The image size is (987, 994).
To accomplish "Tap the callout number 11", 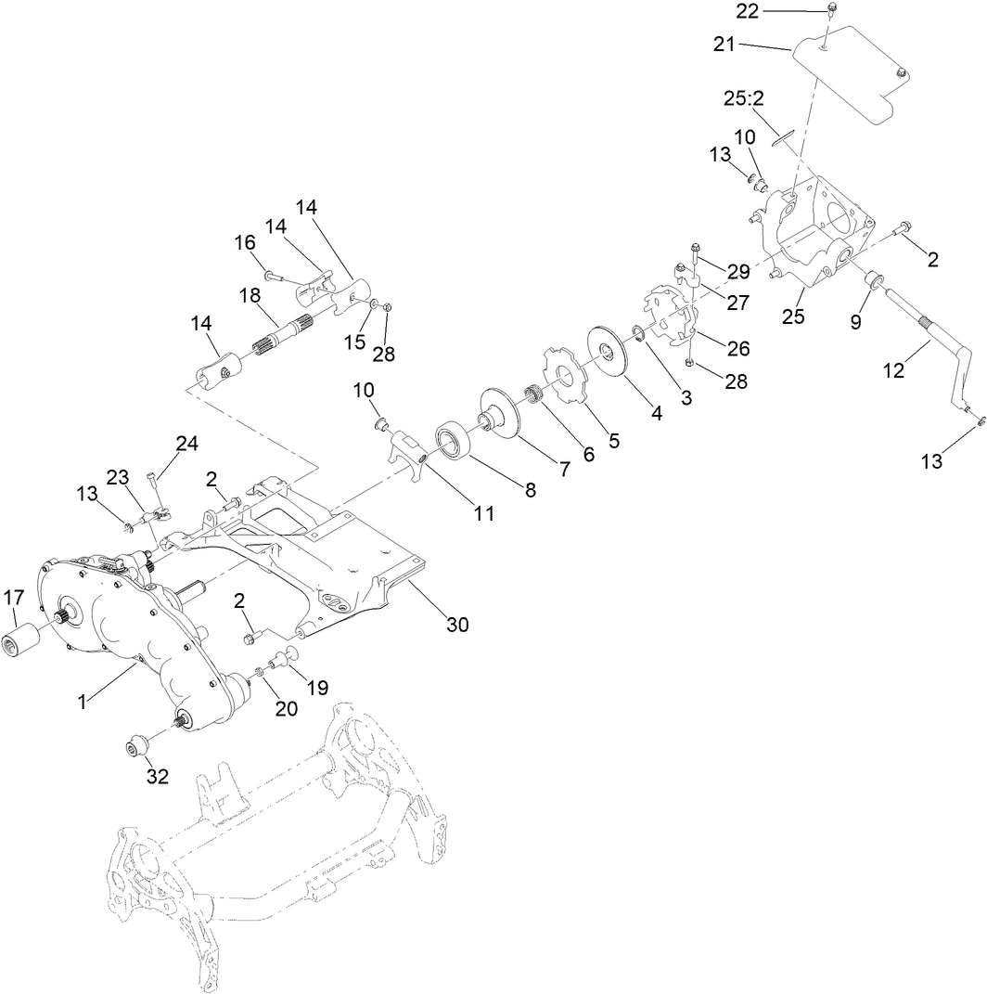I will coord(484,511).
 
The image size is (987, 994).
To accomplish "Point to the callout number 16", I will coord(245,243).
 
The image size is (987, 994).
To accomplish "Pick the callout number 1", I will coord(83,702).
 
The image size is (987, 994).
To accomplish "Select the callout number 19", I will coord(317,689).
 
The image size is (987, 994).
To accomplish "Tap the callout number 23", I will coord(117,477).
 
